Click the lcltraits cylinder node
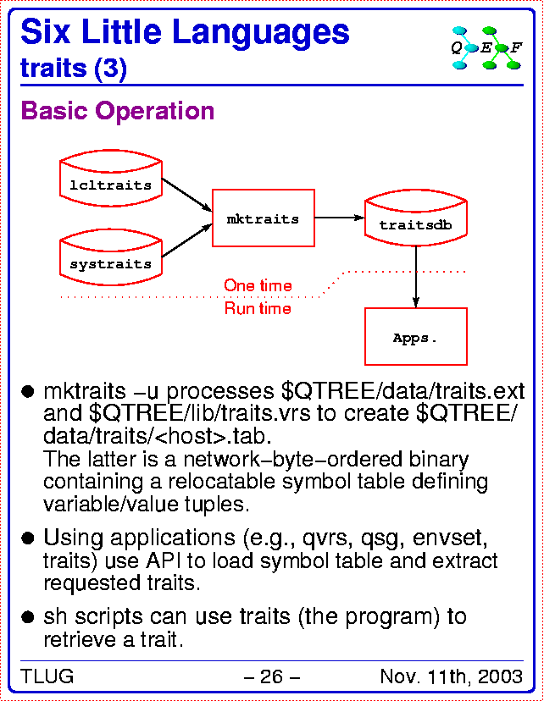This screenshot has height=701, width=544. pyautogui.click(x=111, y=179)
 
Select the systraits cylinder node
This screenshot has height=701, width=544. pyautogui.click(x=111, y=257)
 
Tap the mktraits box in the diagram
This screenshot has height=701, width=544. pyautogui.click(x=263, y=218)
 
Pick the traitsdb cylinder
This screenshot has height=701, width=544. pyautogui.click(x=416, y=218)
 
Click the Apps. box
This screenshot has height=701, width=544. pyautogui.click(x=416, y=337)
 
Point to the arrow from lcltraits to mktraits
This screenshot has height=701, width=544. pyautogui.click(x=186, y=195)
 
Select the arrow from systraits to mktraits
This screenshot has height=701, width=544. pyautogui.click(x=186, y=240)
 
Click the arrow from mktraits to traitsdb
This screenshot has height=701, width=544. pyautogui.click(x=340, y=218)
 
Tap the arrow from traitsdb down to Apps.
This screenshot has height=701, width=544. pyautogui.click(x=416, y=277)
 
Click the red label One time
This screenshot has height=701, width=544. pyautogui.click(x=258, y=285)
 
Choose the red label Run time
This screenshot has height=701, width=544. pyautogui.click(x=258, y=308)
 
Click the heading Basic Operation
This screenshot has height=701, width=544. pyautogui.click(x=118, y=110)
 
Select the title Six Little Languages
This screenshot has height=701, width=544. pyautogui.click(x=185, y=31)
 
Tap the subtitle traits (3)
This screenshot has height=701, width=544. pyautogui.click(x=74, y=69)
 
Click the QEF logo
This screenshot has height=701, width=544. pyautogui.click(x=486, y=48)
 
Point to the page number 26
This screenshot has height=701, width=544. pyautogui.click(x=271, y=676)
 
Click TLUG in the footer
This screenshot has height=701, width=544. pyautogui.click(x=47, y=676)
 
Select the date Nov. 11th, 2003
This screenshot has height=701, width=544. pyautogui.click(x=452, y=676)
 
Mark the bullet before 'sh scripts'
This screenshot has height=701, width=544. pyautogui.click(x=28, y=617)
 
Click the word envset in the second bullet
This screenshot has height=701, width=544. pyautogui.click(x=450, y=538)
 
